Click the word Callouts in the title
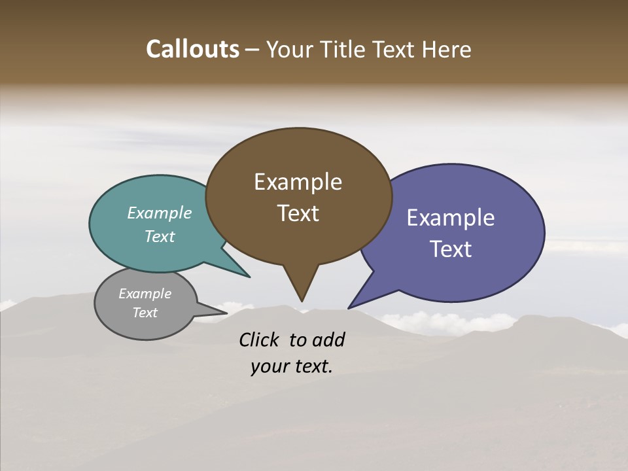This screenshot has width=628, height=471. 192,49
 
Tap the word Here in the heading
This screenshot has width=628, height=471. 446,49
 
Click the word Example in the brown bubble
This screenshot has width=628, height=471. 298,182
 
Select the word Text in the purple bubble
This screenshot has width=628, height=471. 451,249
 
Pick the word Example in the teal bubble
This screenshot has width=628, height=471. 160,213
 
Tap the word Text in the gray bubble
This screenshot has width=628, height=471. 145,313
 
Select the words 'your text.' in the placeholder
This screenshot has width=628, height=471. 292,366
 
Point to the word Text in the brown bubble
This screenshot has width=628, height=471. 298,213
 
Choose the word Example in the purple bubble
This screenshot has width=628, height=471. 451,218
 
